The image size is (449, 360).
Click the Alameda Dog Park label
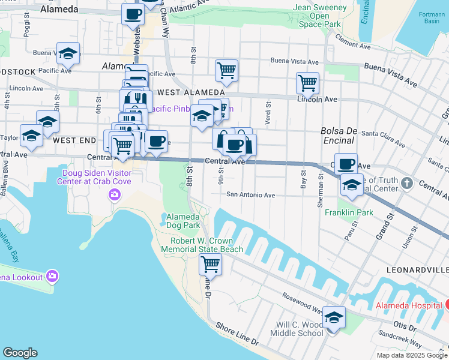(182, 221)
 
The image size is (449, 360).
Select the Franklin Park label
(349, 212)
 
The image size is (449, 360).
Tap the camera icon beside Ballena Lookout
(52, 277)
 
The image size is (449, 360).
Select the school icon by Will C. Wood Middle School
(334, 317)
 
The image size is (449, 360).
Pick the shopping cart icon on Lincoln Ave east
(307, 83)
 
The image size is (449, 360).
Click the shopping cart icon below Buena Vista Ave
(226, 70)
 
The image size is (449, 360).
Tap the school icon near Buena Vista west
(68, 53)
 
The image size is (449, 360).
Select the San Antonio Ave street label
(250, 195)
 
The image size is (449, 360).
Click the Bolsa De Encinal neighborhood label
(339, 136)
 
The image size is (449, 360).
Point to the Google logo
(20, 353)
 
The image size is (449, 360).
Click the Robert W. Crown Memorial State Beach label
(206, 245)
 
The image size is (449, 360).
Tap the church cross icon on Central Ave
(407, 183)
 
